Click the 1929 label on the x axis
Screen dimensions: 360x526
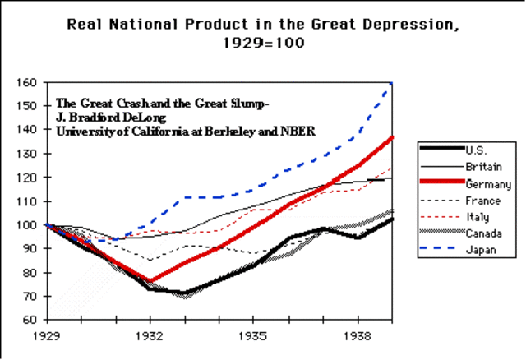click(x=48, y=337)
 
